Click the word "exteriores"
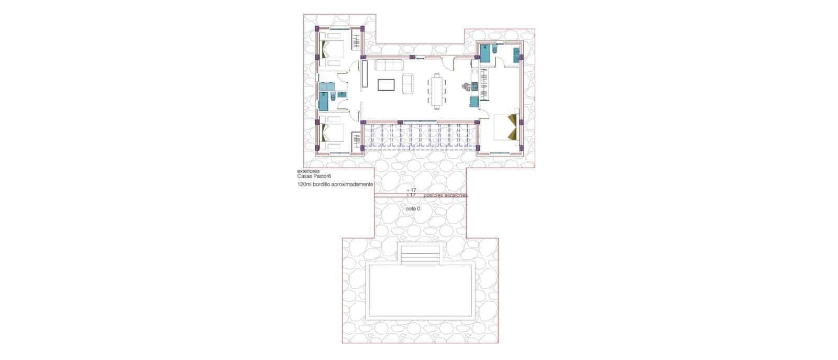click(x=308, y=171)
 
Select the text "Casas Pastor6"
click(x=314, y=177)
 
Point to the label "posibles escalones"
click(x=445, y=195)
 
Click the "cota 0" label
click(x=413, y=209)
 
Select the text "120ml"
click(x=304, y=185)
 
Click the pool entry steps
click(x=420, y=255)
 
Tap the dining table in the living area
click(x=437, y=91)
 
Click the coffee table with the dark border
click(x=386, y=84)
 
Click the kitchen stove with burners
click(x=475, y=86)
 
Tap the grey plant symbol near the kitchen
click(x=465, y=86)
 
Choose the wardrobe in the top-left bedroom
click(x=357, y=40)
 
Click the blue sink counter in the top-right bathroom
click(x=516, y=54)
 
